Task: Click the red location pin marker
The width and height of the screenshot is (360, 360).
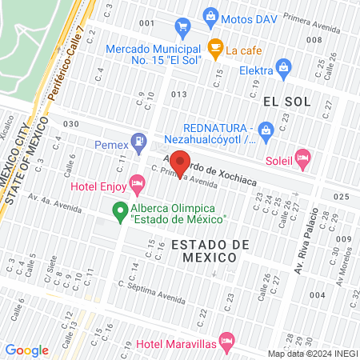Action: point(180,162)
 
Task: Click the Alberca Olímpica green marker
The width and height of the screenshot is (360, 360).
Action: point(121,212)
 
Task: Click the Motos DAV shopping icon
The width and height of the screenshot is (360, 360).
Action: point(210,15)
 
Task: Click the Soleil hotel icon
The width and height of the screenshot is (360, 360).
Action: point(302,158)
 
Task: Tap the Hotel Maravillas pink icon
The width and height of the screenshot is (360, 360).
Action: point(227,342)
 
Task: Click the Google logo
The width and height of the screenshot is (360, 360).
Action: point(26,350)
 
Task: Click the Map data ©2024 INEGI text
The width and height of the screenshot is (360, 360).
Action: point(312,354)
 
